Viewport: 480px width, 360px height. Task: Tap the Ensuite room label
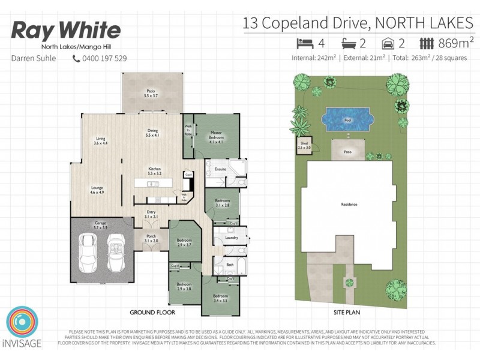pos(220,169)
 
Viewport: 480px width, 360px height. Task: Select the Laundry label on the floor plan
pos(232,238)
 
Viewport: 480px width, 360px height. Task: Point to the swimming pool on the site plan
pos(347,119)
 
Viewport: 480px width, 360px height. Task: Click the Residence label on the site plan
pos(349,205)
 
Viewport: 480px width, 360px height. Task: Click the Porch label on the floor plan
pos(151,238)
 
